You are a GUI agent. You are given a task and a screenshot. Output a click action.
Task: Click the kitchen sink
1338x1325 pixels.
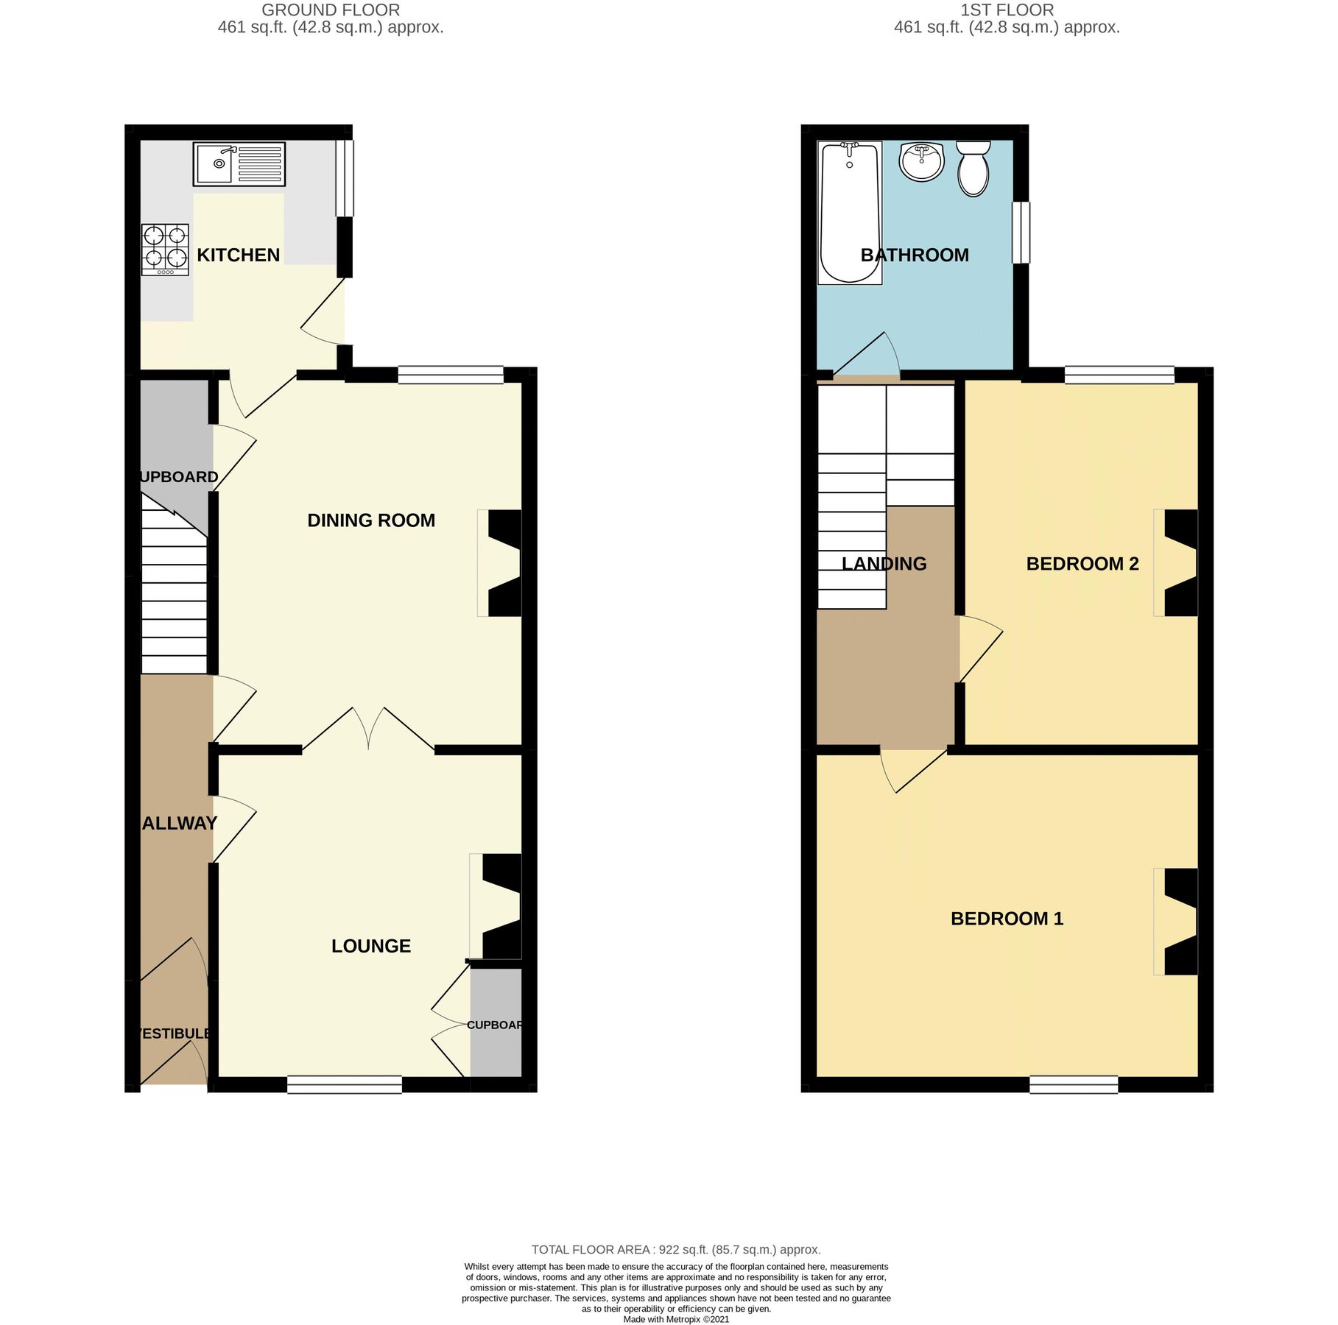point(239,163)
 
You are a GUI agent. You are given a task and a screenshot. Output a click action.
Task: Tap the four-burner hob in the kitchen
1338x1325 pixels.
point(165,250)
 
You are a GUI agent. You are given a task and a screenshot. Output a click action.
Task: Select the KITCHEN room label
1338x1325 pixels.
point(238,255)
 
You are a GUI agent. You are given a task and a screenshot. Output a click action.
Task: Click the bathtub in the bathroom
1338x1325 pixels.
point(849,213)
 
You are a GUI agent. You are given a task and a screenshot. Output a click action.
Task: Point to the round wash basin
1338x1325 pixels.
point(920,161)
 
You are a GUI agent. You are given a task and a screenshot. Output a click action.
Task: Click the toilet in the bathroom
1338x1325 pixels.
point(973,169)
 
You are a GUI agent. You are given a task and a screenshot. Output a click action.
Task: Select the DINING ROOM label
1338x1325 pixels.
point(370,520)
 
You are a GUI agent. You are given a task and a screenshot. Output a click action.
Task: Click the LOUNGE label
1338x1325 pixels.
point(370,946)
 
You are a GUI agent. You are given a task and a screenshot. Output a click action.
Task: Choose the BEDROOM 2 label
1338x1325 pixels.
point(1082,564)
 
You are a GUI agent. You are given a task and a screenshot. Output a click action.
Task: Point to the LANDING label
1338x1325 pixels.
point(884,564)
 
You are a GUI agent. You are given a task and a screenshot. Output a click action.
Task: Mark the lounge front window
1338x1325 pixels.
point(344,1084)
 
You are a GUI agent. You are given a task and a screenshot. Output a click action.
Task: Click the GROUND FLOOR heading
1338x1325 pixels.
point(331,10)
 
